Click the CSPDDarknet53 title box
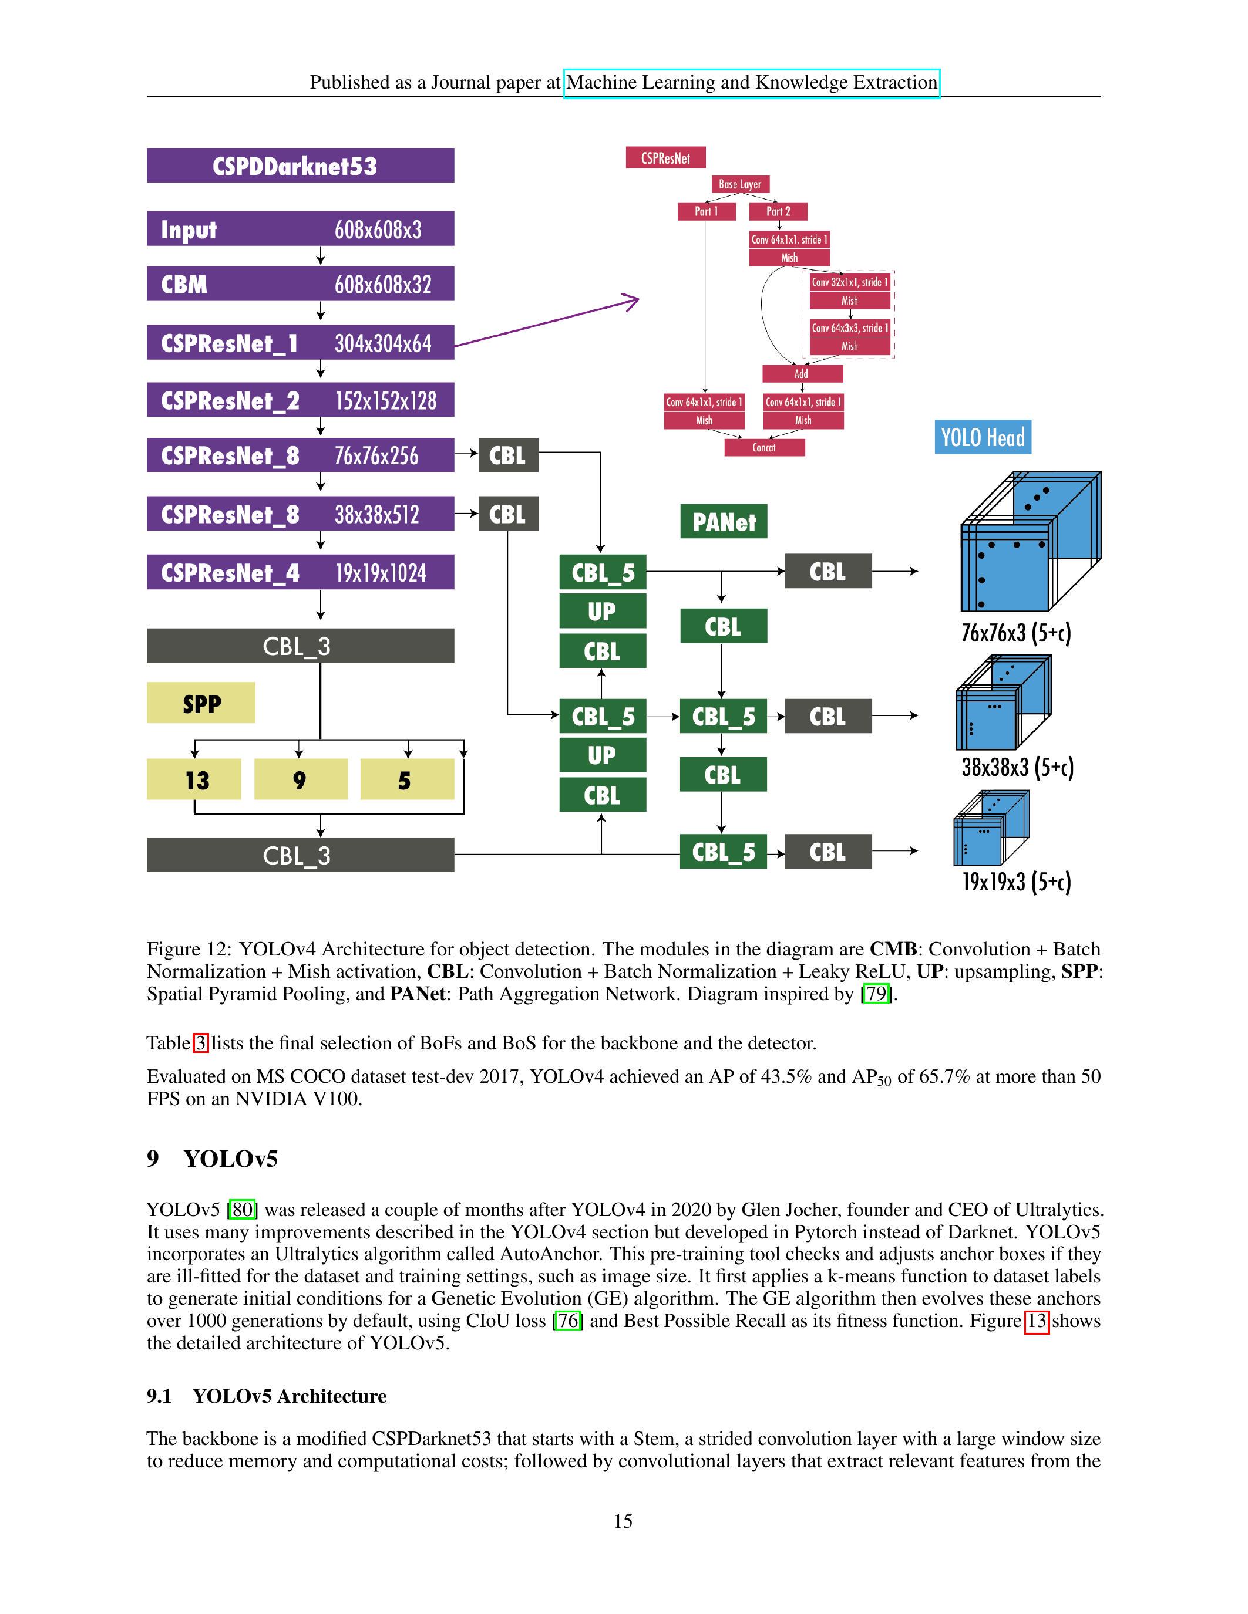[300, 166]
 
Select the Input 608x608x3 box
[300, 229]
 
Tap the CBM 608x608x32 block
[300, 285]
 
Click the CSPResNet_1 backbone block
[300, 343]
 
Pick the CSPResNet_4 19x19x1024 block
[300, 573]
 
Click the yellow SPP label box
[201, 703]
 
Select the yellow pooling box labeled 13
[194, 779]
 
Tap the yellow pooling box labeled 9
[301, 779]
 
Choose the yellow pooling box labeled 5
[406, 779]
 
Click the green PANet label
[724, 522]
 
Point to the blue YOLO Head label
[983, 437]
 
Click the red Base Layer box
[740, 184]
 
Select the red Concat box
[765, 447]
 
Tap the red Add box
[802, 373]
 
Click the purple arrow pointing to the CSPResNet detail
[547, 322]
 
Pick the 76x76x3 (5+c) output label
[1016, 633]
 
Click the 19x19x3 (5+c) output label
[1016, 882]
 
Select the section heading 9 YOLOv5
[212, 1158]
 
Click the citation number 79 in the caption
[876, 994]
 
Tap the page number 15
[623, 1521]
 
